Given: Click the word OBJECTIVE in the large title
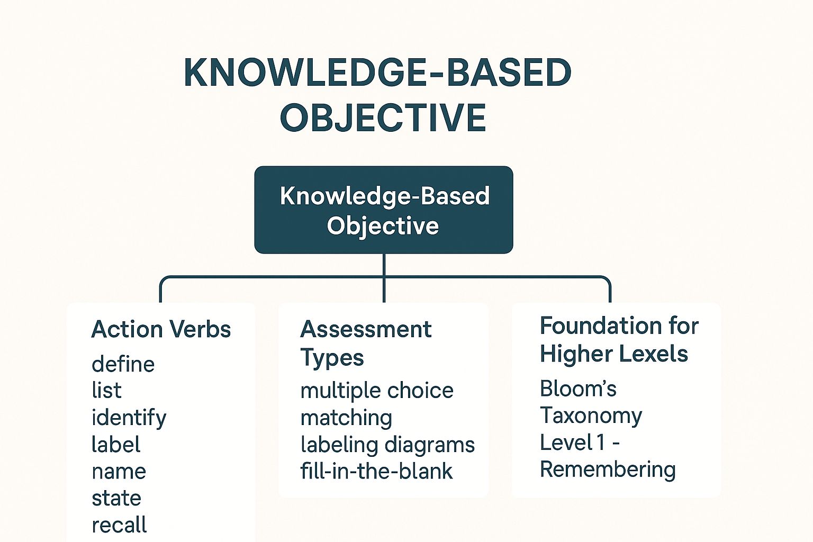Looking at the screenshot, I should tap(383, 118).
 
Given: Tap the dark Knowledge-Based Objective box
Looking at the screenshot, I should tap(384, 210).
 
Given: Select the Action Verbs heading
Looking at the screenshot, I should tap(161, 329).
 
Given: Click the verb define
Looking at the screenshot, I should tap(123, 364).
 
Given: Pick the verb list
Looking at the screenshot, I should tap(106, 391).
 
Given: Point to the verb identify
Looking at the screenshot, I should tap(129, 418).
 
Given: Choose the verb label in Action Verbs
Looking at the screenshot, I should tap(116, 445).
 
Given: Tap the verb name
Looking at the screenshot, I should tap(119, 472).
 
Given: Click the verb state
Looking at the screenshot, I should tap(116, 498).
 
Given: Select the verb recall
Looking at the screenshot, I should tap(119, 525).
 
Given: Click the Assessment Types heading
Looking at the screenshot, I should tap(366, 343).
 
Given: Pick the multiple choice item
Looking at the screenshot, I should tap(377, 391).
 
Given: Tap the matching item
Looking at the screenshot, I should tap(346, 418).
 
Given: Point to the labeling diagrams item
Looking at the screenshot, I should tap(387, 445).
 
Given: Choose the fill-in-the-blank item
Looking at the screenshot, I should tap(376, 471).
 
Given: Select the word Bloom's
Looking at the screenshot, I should tap(578, 389).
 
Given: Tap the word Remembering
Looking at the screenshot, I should tap(608, 469).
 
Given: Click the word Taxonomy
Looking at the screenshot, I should tap(591, 416).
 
